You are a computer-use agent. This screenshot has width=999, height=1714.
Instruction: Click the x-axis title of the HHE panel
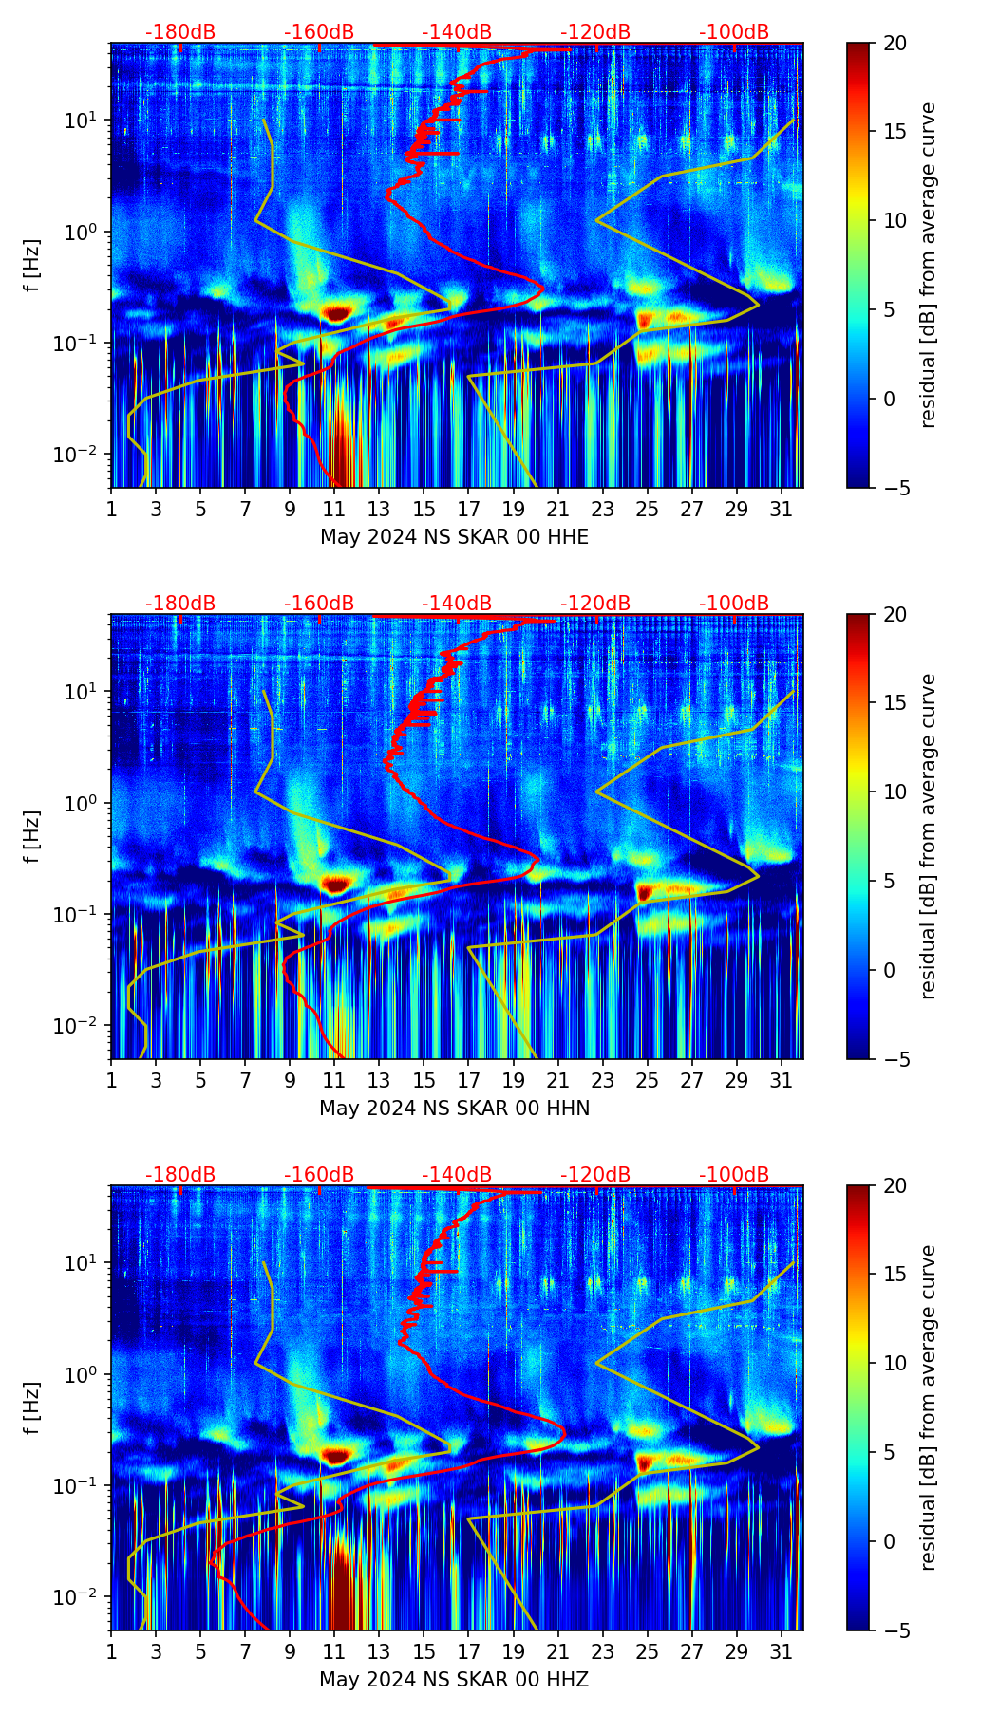click(x=454, y=537)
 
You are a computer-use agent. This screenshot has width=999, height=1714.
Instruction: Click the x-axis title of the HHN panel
click(x=454, y=1109)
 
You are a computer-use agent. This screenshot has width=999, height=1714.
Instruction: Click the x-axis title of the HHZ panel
click(x=454, y=1680)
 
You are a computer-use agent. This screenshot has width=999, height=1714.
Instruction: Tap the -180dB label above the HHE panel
click(x=180, y=32)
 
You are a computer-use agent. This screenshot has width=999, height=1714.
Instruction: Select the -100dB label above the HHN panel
click(x=734, y=604)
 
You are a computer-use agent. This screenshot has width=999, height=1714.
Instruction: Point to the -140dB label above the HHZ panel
click(x=457, y=1175)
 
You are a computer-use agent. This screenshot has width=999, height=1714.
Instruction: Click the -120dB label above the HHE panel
click(x=595, y=32)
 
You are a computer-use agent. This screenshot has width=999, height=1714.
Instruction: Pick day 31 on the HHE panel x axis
click(x=781, y=509)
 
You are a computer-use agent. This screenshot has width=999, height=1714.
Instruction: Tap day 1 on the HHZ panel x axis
click(x=112, y=1651)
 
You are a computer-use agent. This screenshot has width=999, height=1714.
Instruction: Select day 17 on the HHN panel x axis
click(x=468, y=1080)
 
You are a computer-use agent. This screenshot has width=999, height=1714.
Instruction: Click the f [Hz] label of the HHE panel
click(x=32, y=266)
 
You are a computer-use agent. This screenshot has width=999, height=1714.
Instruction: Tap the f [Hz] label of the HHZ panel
click(x=32, y=1408)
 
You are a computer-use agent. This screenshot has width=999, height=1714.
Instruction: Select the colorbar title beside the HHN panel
click(x=929, y=836)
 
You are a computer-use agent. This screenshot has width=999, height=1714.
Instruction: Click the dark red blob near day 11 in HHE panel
click(x=337, y=312)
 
